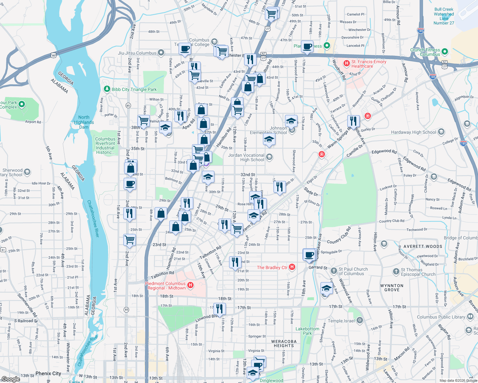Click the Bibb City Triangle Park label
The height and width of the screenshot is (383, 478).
134,89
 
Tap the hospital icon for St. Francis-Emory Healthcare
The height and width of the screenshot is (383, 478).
346,64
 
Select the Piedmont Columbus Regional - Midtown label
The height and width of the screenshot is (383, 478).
165,286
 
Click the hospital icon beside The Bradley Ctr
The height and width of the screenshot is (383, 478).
292,267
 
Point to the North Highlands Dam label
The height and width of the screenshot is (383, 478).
84,122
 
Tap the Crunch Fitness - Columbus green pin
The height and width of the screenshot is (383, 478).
445,52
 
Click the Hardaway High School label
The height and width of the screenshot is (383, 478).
413,132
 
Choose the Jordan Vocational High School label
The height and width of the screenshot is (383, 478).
246,157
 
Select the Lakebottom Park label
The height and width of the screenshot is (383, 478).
307,331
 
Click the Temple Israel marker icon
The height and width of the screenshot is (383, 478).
360,320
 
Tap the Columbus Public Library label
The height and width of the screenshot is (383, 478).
441,317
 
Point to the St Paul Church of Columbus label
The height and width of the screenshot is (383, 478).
353,271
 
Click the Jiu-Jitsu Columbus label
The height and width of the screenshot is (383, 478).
137,53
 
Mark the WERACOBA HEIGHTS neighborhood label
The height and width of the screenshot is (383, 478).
284,343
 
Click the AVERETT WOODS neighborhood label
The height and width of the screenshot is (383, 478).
423,246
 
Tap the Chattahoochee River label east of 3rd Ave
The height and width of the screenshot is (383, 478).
93,219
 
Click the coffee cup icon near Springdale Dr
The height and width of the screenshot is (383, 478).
309,255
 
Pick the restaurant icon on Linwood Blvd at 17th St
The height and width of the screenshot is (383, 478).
219,309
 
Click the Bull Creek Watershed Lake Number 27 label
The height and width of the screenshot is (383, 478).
444,16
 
